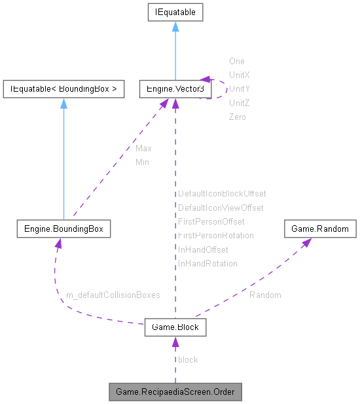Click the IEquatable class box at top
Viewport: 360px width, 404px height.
click(175, 12)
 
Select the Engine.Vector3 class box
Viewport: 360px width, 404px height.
click(175, 89)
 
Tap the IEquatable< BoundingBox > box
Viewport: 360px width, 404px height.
click(63, 89)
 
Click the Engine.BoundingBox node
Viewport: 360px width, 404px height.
click(63, 229)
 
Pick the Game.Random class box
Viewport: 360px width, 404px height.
click(320, 229)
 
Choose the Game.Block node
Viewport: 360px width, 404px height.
click(175, 327)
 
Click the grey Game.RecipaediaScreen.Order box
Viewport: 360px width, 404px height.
click(175, 392)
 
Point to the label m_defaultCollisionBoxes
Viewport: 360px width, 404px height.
click(113, 295)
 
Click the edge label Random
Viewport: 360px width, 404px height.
click(265, 295)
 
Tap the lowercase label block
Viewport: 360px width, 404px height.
click(188, 359)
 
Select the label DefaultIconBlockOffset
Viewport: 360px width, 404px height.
click(222, 194)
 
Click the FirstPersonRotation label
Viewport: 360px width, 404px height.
click(215, 235)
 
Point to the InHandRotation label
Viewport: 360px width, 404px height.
click(207, 263)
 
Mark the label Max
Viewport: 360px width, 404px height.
click(143, 149)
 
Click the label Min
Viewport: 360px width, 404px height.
click(142, 162)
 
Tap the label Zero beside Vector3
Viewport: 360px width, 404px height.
click(237, 117)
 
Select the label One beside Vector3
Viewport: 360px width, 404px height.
click(236, 62)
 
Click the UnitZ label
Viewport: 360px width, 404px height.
click(239, 103)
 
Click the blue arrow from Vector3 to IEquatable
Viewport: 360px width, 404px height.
click(175, 52)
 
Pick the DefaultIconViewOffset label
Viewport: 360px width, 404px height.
click(221, 208)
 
